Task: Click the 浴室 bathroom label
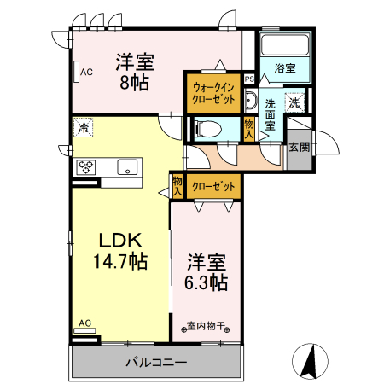point(285,67)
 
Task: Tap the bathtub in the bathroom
point(284,46)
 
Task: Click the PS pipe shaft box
point(249,79)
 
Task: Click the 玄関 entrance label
point(300,147)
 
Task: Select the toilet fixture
point(207,129)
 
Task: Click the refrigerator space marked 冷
point(84,129)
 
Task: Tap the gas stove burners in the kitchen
point(86,166)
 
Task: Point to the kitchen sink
point(128,166)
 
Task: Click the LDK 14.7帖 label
point(119,250)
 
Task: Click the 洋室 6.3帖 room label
point(206,271)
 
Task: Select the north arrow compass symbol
point(311,359)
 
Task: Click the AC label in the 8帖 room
point(86,72)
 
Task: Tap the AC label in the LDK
point(84,323)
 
